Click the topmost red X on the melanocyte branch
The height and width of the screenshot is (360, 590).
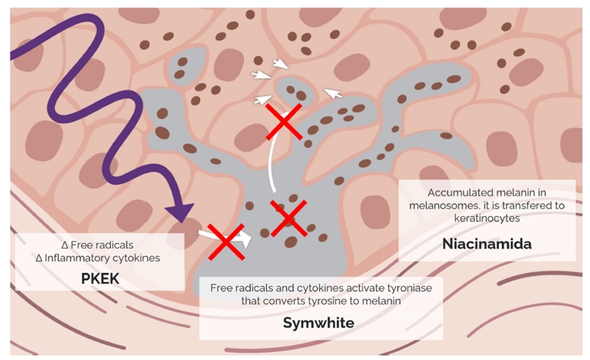point(284,121)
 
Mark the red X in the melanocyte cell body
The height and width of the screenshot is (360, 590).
point(287,219)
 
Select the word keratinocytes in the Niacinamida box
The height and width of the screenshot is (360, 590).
point(489,218)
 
